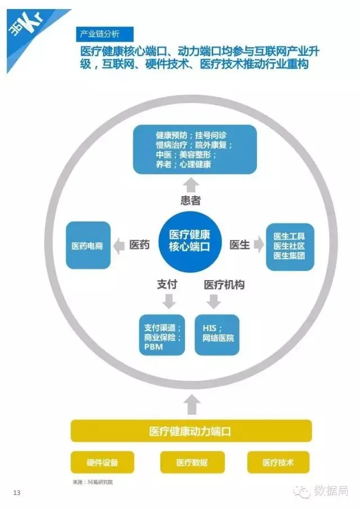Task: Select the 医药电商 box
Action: [x=87, y=246]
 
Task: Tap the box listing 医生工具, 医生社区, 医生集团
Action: [x=290, y=246]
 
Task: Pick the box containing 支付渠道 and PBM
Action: [x=162, y=335]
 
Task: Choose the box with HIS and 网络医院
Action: [x=217, y=335]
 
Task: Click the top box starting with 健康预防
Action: [x=195, y=150]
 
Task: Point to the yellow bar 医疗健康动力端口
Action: [x=191, y=431]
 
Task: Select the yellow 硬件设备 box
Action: [x=102, y=463]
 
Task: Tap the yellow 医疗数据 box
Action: [x=192, y=463]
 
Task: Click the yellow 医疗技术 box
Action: [x=278, y=463]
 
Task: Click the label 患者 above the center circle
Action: [x=191, y=200]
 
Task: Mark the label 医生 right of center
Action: [x=240, y=245]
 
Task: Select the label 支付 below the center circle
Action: [x=167, y=285]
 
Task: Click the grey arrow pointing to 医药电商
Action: [x=119, y=245]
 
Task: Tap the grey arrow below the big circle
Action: [x=192, y=404]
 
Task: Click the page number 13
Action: [x=17, y=493]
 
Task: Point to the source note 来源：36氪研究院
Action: [x=96, y=482]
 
